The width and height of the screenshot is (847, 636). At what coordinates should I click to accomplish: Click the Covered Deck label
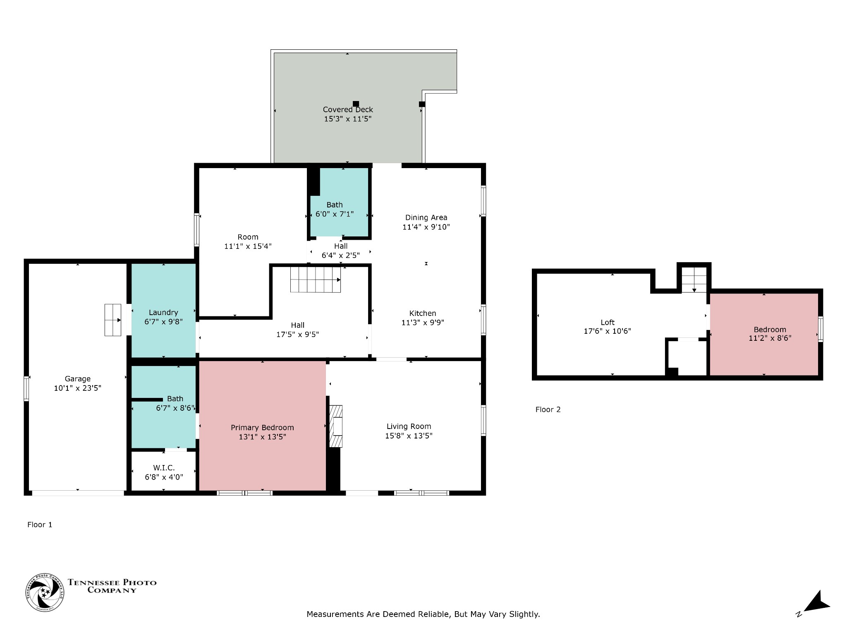(x=348, y=110)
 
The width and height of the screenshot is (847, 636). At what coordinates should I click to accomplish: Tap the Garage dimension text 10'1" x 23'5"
(x=78, y=388)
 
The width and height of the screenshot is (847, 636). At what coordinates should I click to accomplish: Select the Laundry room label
(x=163, y=313)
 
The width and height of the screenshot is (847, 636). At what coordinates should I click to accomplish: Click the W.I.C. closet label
(x=164, y=468)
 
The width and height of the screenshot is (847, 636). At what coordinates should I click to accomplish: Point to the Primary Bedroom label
(x=262, y=428)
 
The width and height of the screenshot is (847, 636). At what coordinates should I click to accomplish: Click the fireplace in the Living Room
(x=336, y=426)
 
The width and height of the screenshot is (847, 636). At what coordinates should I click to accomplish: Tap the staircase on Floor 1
(x=316, y=279)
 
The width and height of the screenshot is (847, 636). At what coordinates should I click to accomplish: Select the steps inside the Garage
(x=112, y=320)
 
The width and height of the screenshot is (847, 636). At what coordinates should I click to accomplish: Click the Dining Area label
(x=426, y=218)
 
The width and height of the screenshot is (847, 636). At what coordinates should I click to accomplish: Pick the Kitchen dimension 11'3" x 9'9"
(x=423, y=323)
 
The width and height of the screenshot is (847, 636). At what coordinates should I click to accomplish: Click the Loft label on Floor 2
(x=608, y=323)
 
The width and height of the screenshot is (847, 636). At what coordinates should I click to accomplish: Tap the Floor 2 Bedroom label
(x=770, y=330)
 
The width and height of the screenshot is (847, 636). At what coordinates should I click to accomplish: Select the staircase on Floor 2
(x=694, y=280)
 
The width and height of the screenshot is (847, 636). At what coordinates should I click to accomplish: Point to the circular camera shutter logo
(x=45, y=593)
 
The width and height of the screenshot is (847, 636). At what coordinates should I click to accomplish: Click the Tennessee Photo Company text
(x=112, y=586)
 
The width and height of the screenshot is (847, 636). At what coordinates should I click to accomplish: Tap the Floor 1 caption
(x=40, y=525)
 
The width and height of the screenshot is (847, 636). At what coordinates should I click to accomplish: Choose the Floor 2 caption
(x=548, y=410)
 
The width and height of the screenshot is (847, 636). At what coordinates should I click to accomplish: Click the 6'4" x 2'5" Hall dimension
(x=341, y=255)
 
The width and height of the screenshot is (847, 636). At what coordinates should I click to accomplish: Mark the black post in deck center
(x=356, y=104)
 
